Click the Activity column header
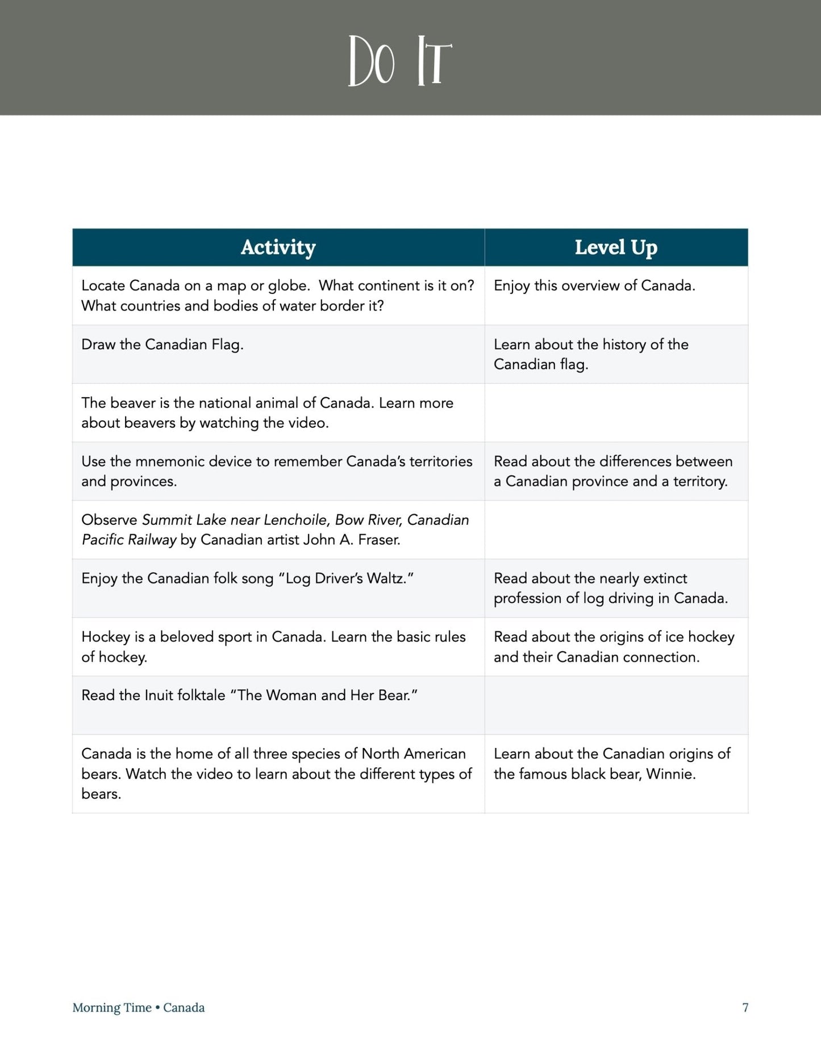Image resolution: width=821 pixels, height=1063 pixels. pyautogui.click(x=278, y=247)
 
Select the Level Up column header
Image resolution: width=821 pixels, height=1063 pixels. pyautogui.click(x=616, y=247)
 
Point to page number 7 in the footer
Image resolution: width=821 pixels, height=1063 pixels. pyautogui.click(x=745, y=1007)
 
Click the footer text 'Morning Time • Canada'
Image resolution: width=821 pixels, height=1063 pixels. pyautogui.click(x=139, y=1007)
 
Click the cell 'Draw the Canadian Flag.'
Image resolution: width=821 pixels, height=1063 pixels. pyautogui.click(x=162, y=345)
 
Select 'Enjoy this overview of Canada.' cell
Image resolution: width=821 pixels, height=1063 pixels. pyautogui.click(x=594, y=286)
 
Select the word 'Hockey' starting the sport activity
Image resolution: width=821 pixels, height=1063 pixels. pyautogui.click(x=106, y=637)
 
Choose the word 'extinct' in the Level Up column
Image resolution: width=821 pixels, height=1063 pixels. pyautogui.click(x=664, y=578)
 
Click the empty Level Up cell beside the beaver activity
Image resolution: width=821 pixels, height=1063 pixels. pyautogui.click(x=616, y=413)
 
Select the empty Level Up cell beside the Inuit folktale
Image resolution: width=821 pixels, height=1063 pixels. pyautogui.click(x=616, y=705)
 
